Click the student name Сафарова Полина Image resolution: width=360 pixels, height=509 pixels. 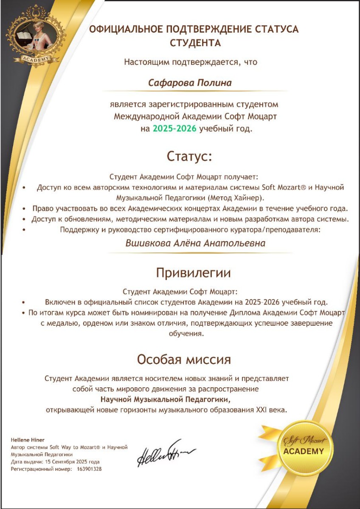coord(190,83)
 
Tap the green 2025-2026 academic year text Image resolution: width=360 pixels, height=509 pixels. coord(174,129)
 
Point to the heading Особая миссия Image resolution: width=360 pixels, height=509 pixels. coord(184,360)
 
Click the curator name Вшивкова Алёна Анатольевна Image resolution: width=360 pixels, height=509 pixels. coord(195,243)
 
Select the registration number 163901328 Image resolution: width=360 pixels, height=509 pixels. coord(89,469)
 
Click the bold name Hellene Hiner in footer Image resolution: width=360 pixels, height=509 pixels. coord(27,440)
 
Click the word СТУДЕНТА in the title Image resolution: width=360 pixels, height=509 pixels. coord(195,43)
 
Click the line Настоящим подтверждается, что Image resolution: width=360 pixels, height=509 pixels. coord(191,62)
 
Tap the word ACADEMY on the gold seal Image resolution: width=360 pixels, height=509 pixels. coord(303,451)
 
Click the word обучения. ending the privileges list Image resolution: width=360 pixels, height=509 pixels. coord(187,333)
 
